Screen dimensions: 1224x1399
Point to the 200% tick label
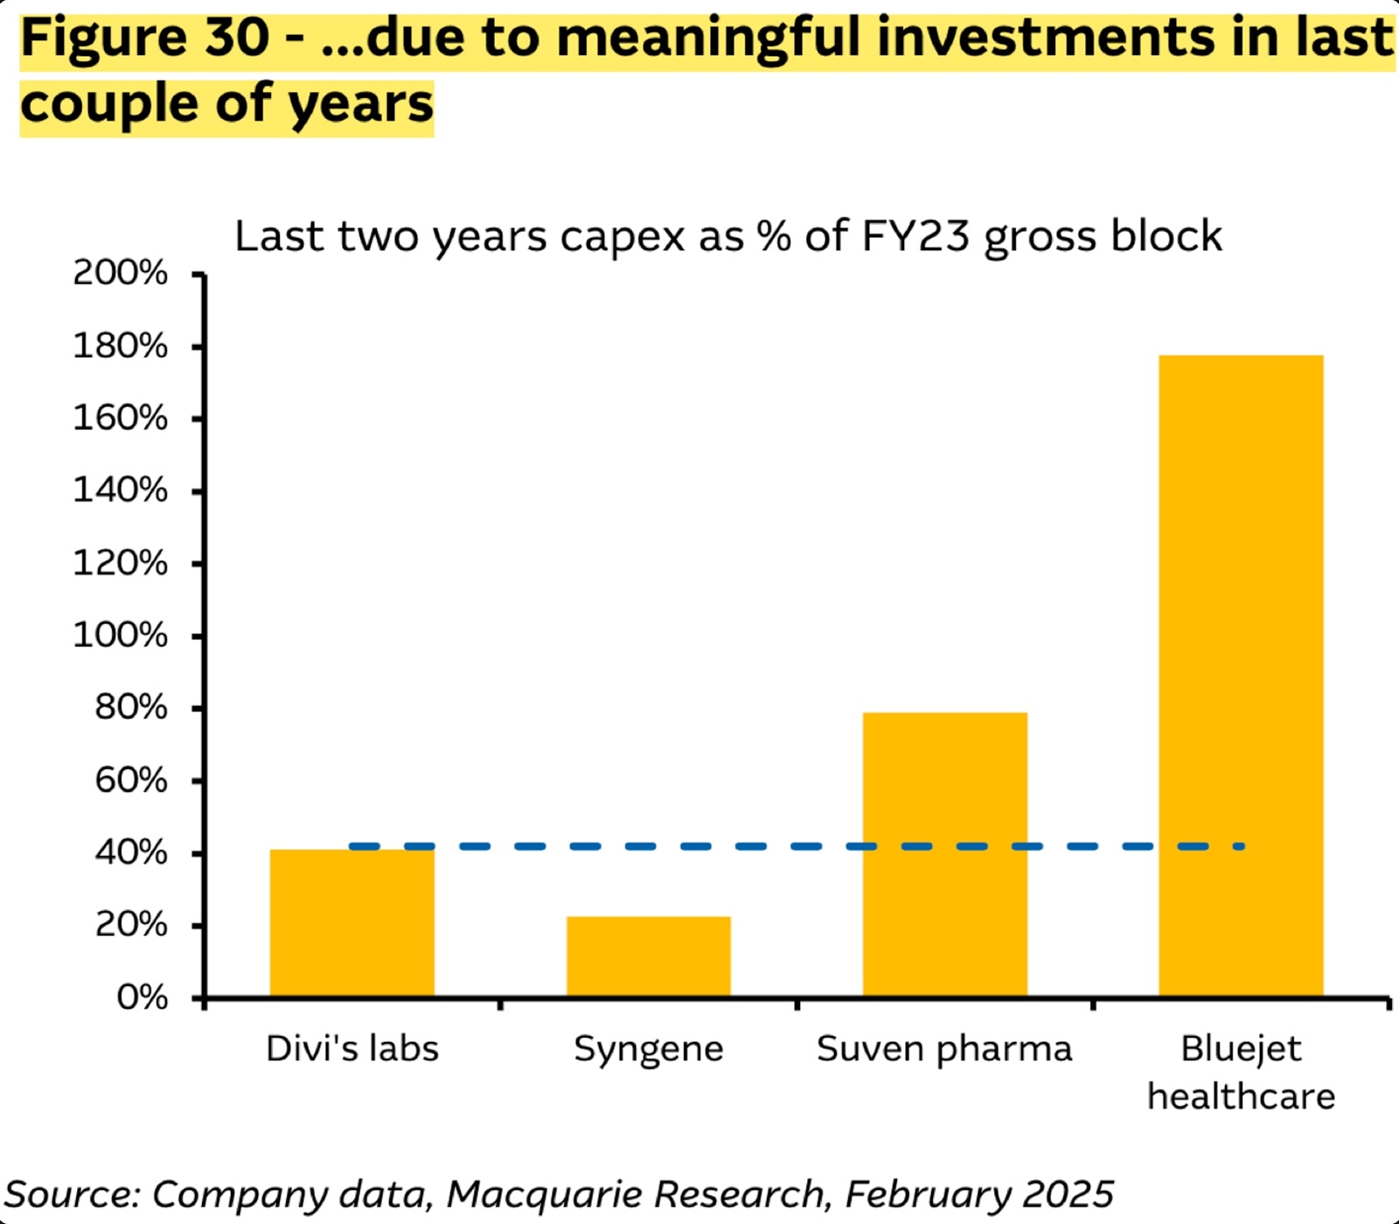coord(120,273)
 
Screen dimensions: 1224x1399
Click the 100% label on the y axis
coord(120,635)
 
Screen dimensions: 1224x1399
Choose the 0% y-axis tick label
coord(142,997)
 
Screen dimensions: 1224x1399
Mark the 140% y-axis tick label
coord(120,490)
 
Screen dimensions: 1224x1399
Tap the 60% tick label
coord(130,780)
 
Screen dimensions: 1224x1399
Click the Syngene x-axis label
coord(648,1049)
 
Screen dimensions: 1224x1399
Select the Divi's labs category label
coord(351,1048)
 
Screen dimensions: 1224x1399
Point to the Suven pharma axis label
coord(944,1049)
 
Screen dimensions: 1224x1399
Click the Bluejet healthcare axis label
coord(1241,1072)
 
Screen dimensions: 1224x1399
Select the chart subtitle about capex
coord(727,236)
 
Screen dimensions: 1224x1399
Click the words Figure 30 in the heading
coord(144,38)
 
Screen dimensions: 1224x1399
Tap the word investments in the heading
coord(1046,38)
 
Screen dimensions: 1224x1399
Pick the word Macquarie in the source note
coord(546,1194)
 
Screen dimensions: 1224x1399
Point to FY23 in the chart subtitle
coord(915,236)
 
